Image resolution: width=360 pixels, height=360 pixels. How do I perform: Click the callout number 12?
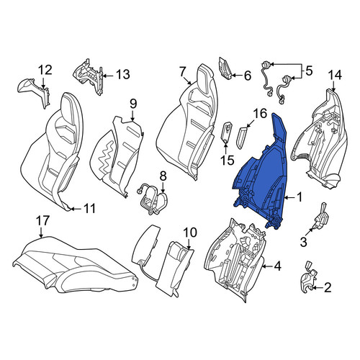pos(45,70)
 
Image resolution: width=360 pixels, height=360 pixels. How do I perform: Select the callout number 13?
pos(123,75)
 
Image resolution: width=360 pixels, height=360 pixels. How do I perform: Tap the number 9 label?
pos(133,104)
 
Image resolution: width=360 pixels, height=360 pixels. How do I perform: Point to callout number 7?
pos(182,72)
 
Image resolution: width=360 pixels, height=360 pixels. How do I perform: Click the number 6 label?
pos(248,76)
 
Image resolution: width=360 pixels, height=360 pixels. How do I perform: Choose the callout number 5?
pos(309,71)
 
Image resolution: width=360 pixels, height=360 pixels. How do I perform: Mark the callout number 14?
pos(335,76)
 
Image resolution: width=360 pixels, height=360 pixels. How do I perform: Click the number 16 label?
pos(260,114)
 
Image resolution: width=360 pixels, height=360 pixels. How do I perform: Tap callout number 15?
pos(228,161)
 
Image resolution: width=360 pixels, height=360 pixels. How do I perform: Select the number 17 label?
pos(42,220)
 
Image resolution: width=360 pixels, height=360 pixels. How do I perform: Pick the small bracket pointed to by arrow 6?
pos(225,68)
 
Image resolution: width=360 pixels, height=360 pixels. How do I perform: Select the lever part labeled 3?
pos(321,217)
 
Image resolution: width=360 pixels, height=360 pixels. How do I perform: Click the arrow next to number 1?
pos(290,197)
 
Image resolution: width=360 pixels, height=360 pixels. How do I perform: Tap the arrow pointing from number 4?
pos(267,266)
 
